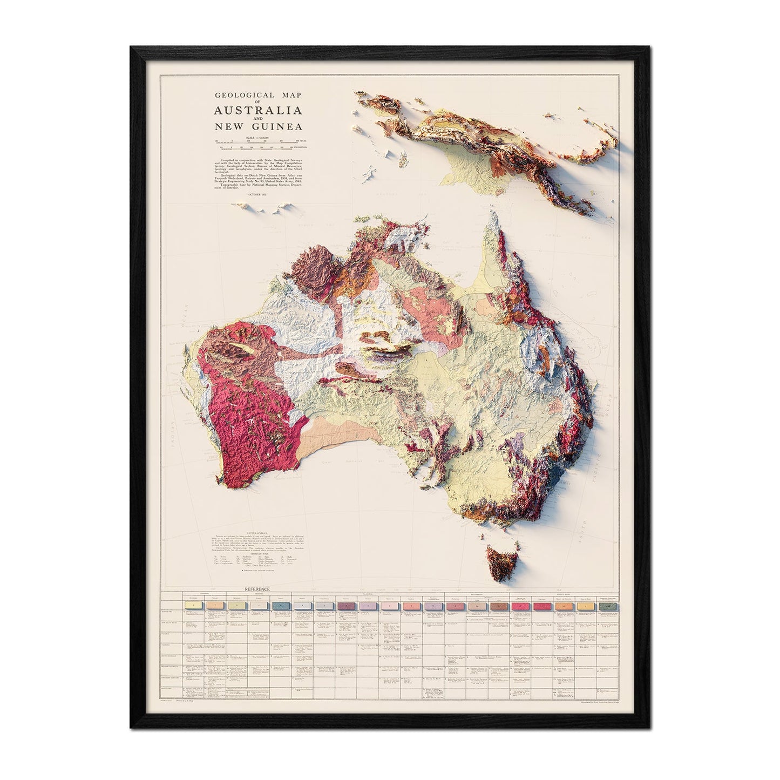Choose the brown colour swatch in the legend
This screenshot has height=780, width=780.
coord(498,606)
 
